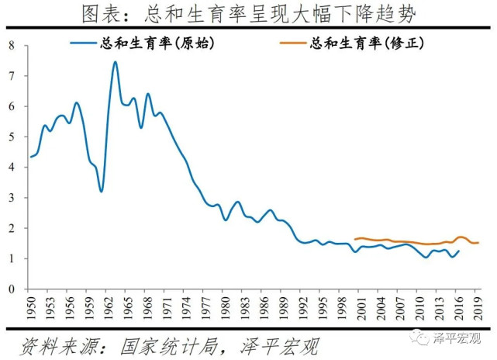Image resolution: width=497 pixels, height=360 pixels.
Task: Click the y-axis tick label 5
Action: (x=12, y=137)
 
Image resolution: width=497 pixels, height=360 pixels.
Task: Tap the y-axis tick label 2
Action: (x=12, y=228)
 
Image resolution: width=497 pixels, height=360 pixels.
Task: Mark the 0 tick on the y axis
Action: (x=12, y=289)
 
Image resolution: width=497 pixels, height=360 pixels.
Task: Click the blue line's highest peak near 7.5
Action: (x=115, y=62)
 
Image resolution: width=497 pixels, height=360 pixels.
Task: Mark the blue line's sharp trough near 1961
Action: (x=102, y=191)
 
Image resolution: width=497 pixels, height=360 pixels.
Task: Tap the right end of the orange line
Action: (x=478, y=243)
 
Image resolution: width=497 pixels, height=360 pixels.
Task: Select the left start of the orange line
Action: (x=355, y=239)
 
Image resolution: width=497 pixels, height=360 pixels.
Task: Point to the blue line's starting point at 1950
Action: (x=31, y=157)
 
